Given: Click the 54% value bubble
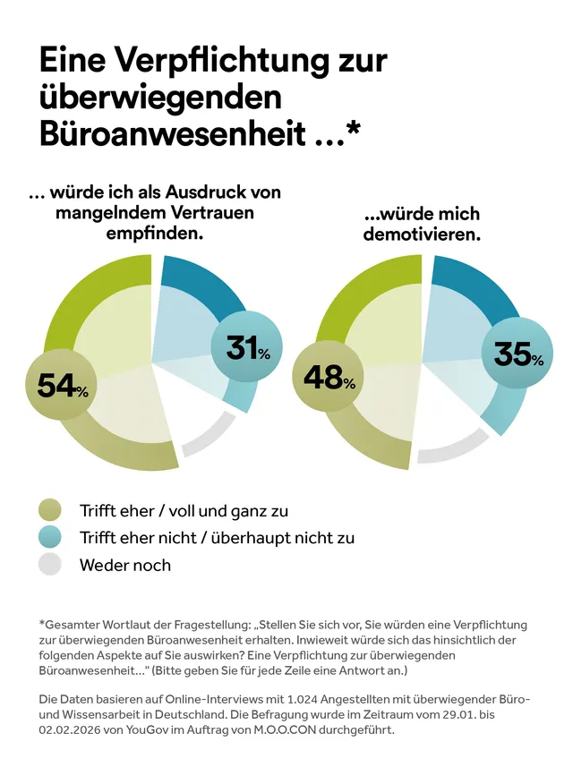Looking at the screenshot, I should click(62, 384).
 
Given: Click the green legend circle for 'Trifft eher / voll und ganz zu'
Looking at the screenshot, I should click(50, 510).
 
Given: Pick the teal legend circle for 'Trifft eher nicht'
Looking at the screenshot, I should click(50, 537).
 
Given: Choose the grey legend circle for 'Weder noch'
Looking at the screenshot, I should click(50, 565).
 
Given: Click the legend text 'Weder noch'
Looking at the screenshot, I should click(124, 565).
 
